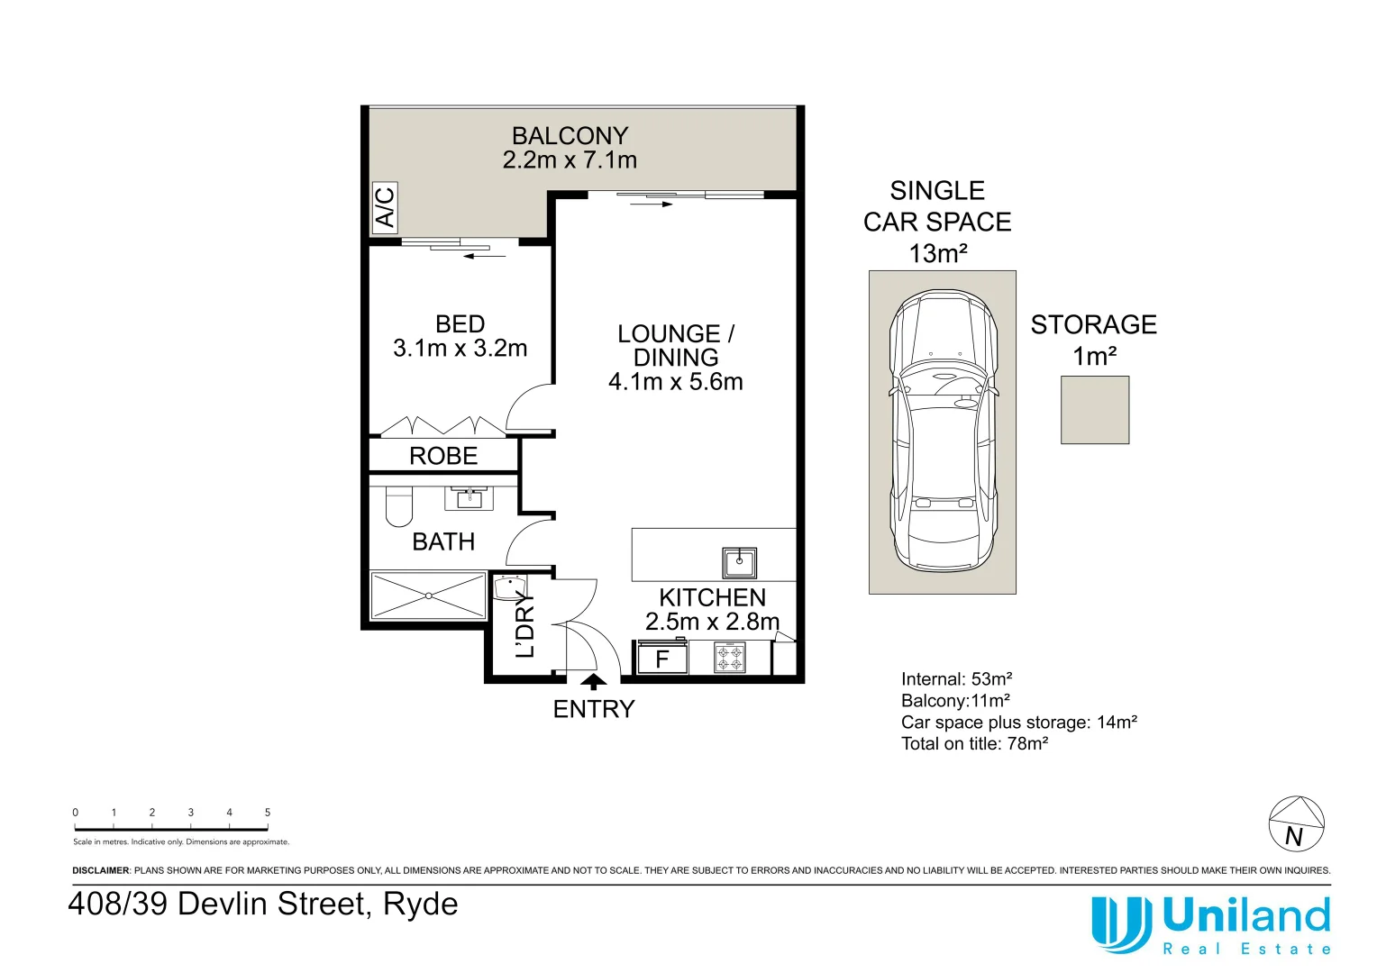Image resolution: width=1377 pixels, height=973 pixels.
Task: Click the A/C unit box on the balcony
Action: point(385,207)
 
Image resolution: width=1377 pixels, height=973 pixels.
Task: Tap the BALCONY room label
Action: point(570,136)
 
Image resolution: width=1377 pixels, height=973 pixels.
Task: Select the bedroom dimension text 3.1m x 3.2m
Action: point(460,349)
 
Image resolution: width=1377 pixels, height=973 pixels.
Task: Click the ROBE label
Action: point(443,456)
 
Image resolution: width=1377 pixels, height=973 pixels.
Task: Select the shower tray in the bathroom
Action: point(428,596)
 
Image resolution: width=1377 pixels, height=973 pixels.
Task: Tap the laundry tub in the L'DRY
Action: point(509,587)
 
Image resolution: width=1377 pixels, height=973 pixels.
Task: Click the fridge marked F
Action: point(662,659)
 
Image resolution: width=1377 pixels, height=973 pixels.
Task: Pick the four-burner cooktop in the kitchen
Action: point(730,658)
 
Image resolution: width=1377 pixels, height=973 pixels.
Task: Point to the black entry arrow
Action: point(593,682)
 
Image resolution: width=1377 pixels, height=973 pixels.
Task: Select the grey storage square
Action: point(1095,410)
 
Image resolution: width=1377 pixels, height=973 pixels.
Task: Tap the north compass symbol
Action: point(1296,823)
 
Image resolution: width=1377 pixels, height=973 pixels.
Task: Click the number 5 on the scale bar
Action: point(268,813)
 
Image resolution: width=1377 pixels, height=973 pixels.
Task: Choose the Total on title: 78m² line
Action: point(974,744)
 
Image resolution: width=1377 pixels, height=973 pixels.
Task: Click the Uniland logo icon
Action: point(1121,923)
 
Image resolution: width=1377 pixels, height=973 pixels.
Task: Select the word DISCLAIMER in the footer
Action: point(101,871)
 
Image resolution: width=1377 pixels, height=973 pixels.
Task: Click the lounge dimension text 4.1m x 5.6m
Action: point(675,382)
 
